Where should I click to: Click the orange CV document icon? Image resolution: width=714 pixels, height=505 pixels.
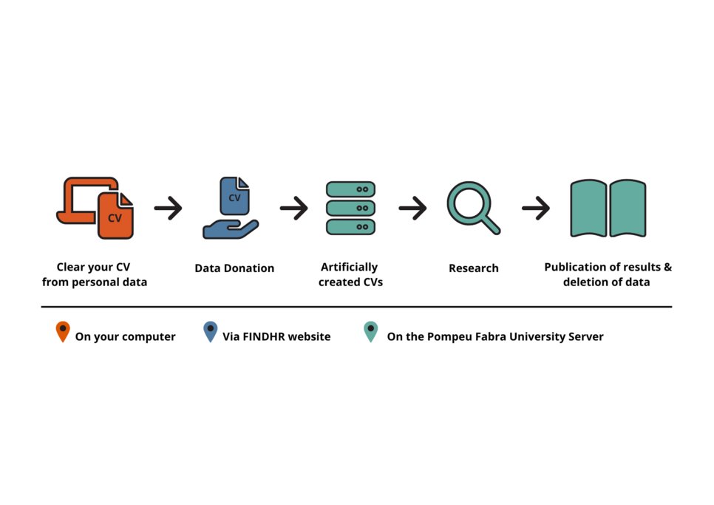(115, 215)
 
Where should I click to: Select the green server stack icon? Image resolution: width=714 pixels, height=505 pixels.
(350, 208)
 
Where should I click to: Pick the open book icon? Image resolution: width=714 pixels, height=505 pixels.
(608, 208)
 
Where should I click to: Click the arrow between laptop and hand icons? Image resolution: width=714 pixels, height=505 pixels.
(169, 209)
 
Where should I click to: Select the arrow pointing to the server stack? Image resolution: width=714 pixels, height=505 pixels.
(294, 209)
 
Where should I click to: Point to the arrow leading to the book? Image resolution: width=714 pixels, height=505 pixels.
(536, 209)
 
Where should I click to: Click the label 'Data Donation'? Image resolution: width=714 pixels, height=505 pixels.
(234, 268)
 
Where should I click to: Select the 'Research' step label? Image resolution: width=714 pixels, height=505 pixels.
(474, 268)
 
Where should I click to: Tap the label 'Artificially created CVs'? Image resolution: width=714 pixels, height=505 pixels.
(350, 274)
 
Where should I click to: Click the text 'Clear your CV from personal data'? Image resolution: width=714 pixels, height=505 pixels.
(95, 274)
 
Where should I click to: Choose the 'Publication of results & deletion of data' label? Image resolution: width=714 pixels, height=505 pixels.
(608, 274)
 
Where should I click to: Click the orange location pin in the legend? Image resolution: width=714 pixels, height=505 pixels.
(63, 331)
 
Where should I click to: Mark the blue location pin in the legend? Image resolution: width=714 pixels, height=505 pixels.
(211, 331)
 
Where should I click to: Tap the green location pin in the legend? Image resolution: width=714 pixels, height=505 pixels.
(370, 331)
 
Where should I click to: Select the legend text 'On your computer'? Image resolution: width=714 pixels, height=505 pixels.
(125, 337)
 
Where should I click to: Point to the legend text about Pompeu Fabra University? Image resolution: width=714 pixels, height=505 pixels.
(494, 337)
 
